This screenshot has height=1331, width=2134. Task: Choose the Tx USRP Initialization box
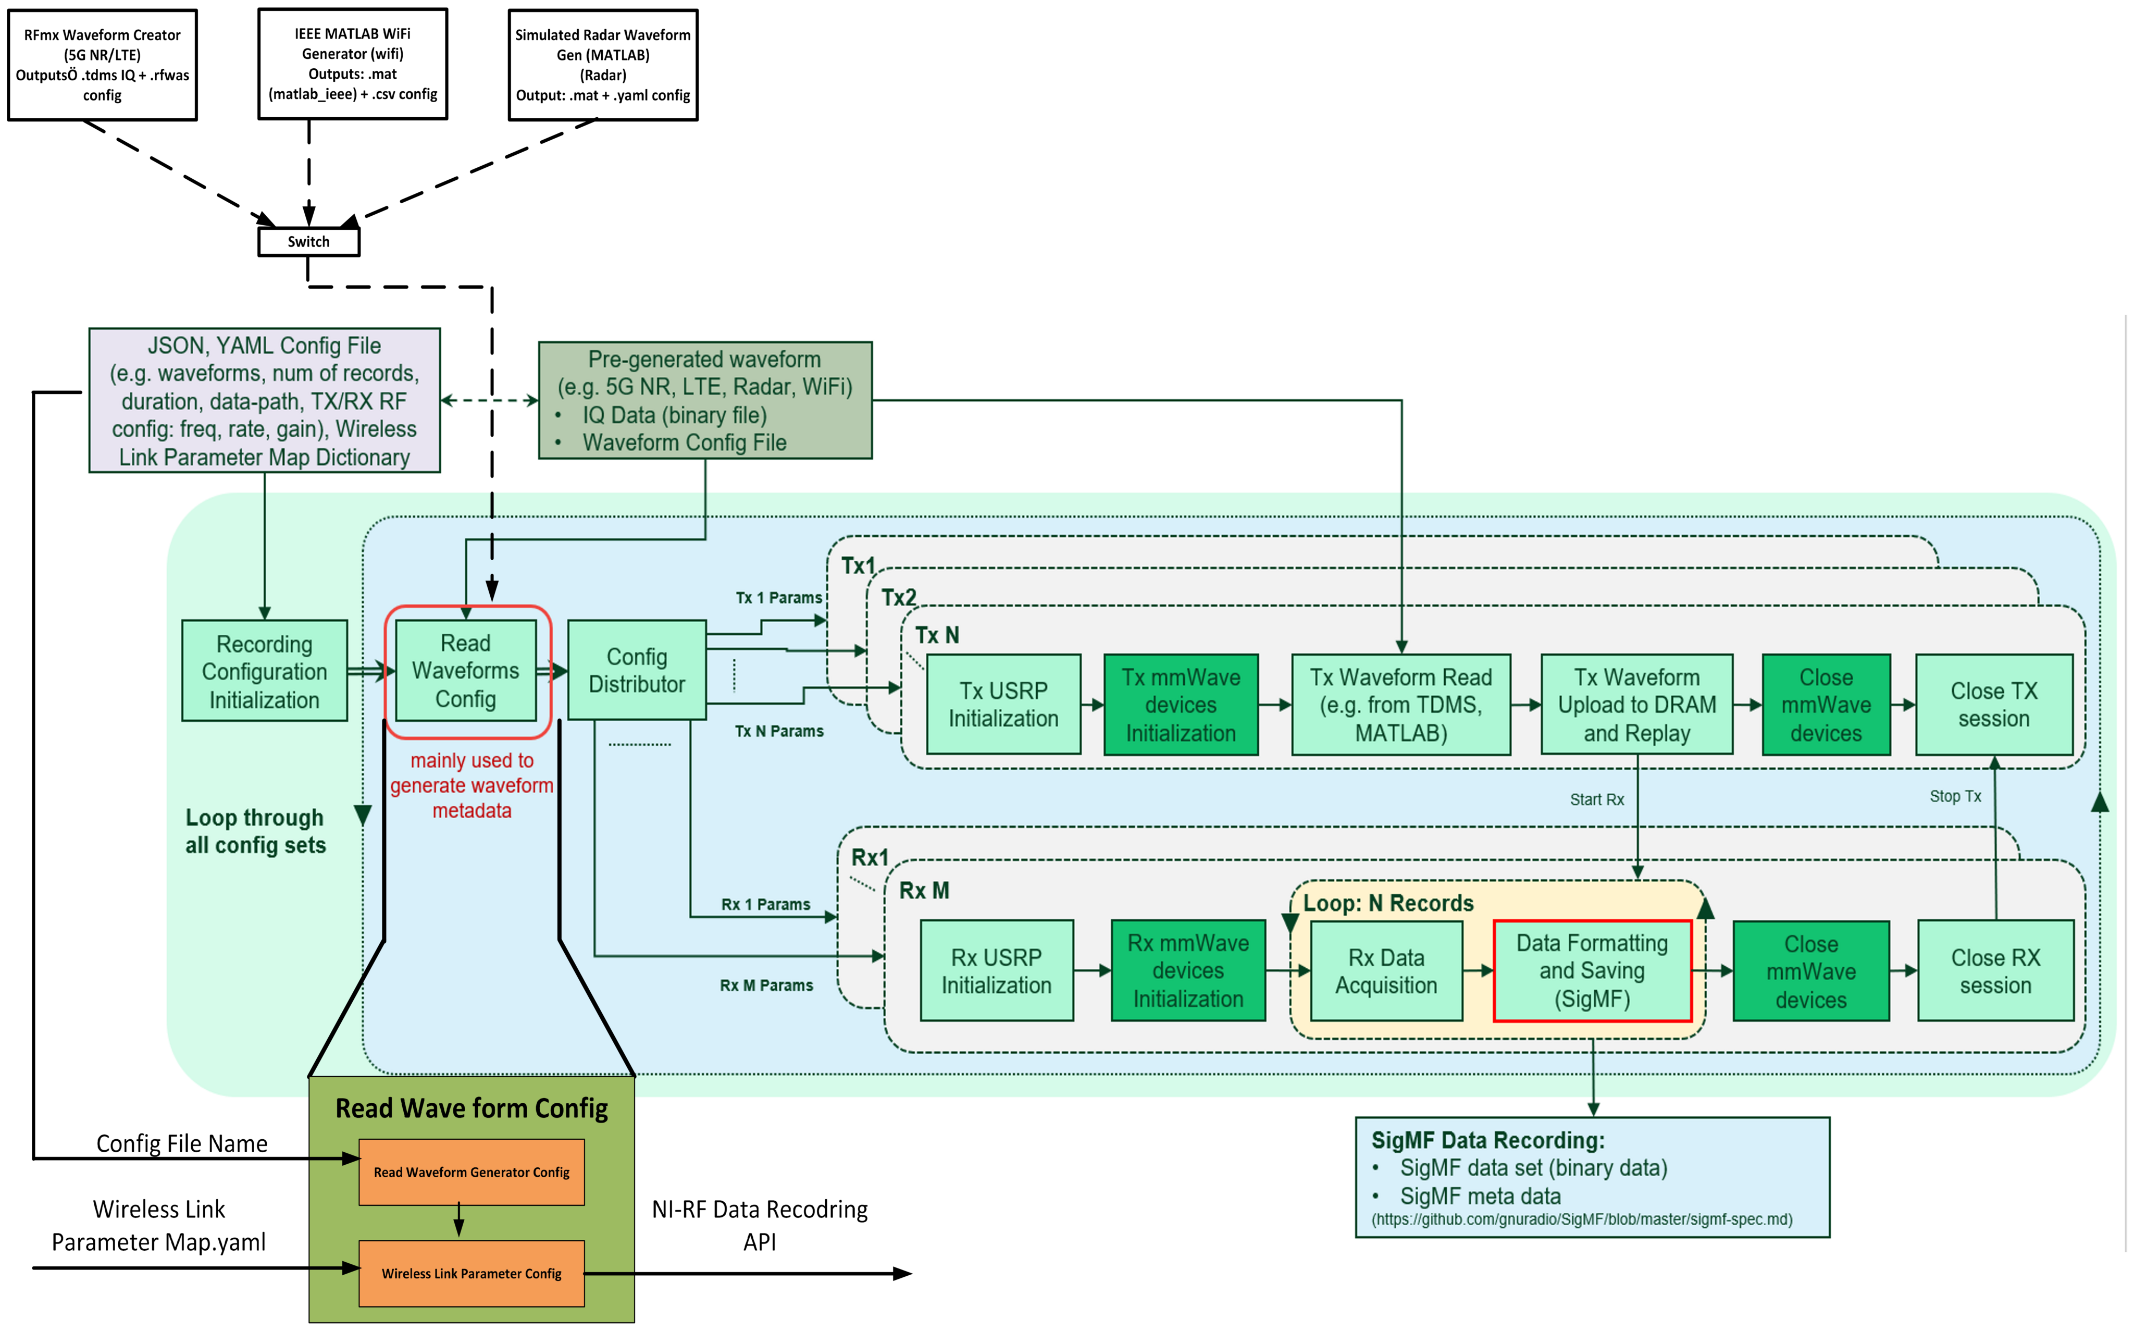[1003, 704]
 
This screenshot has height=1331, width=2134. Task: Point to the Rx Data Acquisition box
[1386, 971]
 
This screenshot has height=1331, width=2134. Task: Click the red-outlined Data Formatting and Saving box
[1592, 971]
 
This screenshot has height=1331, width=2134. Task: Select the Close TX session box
[1993, 704]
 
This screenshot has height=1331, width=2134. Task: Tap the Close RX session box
[1995, 971]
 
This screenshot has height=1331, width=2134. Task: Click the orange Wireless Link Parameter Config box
[471, 1274]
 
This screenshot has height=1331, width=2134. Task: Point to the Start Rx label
[1596, 799]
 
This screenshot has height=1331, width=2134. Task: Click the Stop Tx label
[1954, 796]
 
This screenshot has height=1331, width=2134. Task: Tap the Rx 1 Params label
[765, 905]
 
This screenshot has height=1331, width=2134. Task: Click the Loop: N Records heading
[1388, 903]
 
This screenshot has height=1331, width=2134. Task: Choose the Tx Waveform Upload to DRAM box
[1637, 704]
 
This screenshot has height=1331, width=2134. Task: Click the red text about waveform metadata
[472, 785]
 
